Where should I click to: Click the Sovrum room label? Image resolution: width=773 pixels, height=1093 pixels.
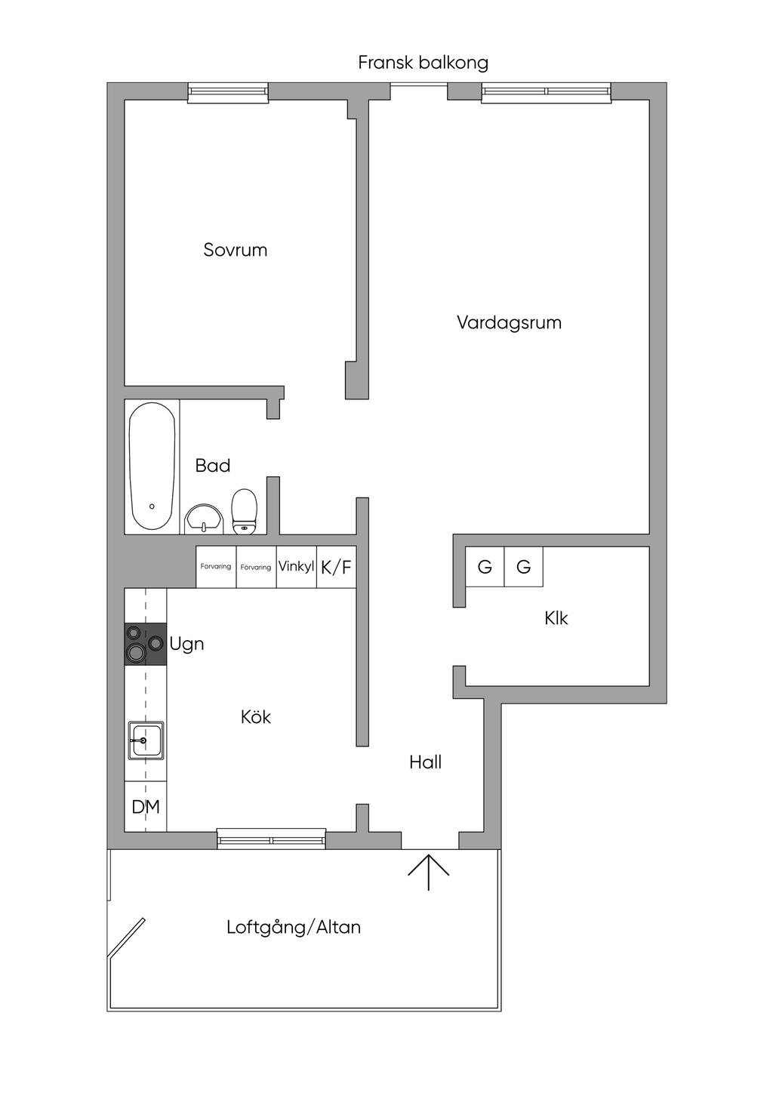pos(236,250)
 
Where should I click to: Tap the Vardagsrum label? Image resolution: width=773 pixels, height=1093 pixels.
pos(509,323)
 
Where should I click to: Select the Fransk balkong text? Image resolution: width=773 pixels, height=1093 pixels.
pos(423,63)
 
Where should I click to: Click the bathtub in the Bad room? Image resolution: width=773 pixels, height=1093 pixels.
pos(152,467)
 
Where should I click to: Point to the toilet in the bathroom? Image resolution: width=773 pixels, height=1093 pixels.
pos(245,511)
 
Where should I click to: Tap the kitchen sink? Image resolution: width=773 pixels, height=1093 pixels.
pos(146,740)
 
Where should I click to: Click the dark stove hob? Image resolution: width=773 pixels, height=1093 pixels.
pos(145,643)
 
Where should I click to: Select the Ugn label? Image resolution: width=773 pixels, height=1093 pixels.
pos(186,644)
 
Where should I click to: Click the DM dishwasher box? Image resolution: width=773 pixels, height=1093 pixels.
pos(146,807)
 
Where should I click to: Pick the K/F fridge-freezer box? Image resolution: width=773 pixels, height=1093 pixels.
pos(336,567)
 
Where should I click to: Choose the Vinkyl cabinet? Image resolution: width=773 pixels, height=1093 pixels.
pos(296,566)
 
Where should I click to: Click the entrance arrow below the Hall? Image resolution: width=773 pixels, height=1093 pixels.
pos(429,872)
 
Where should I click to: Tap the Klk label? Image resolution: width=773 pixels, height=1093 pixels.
pos(556,619)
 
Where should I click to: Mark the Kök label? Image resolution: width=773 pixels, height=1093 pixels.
pos(256,717)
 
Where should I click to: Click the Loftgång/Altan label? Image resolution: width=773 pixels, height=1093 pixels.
pos(294,927)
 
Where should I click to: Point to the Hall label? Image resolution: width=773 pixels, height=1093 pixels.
pos(426,762)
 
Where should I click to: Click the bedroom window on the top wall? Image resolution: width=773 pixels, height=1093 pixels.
pos(228,93)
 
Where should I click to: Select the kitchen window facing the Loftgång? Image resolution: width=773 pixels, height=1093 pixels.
pos(272,839)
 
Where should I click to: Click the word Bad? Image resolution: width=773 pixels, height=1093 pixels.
pos(213,466)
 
